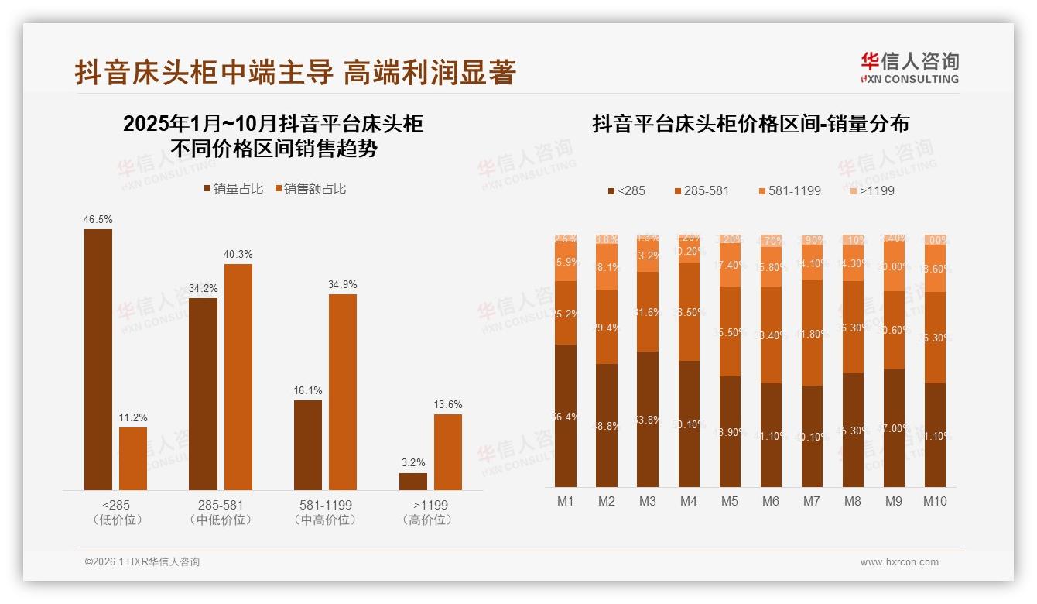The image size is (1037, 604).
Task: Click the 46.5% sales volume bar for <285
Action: pyautogui.click(x=98, y=359)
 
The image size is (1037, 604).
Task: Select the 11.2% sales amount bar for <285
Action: pyautogui.click(x=133, y=458)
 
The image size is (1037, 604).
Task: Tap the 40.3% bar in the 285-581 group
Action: pyautogui.click(x=238, y=376)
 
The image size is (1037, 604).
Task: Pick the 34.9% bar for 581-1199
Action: pyautogui.click(x=343, y=392)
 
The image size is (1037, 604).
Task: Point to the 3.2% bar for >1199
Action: pyautogui.click(x=413, y=481)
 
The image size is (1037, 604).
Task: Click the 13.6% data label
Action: pyautogui.click(x=448, y=404)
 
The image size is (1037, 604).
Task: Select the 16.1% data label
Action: pyautogui.click(x=308, y=390)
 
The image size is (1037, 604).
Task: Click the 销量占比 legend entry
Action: pyautogui.click(x=234, y=189)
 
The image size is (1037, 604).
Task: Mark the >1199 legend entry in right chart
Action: pyautogui.click(x=872, y=190)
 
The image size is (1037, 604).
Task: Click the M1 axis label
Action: pyautogui.click(x=566, y=502)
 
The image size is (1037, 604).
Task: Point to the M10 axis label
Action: pyautogui.click(x=935, y=502)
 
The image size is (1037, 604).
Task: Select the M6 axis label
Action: pyautogui.click(x=770, y=502)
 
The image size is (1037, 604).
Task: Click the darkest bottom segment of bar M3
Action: pyautogui.click(x=648, y=419)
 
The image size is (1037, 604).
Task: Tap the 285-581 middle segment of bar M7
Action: pyautogui.click(x=811, y=333)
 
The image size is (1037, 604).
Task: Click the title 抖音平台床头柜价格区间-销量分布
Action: pyautogui.click(x=751, y=124)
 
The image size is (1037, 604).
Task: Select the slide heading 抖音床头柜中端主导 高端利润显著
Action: pyautogui.click(x=295, y=73)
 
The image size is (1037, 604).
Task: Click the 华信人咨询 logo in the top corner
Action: pyautogui.click(x=910, y=67)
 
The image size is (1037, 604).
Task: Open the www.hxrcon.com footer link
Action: pyautogui.click(x=899, y=562)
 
